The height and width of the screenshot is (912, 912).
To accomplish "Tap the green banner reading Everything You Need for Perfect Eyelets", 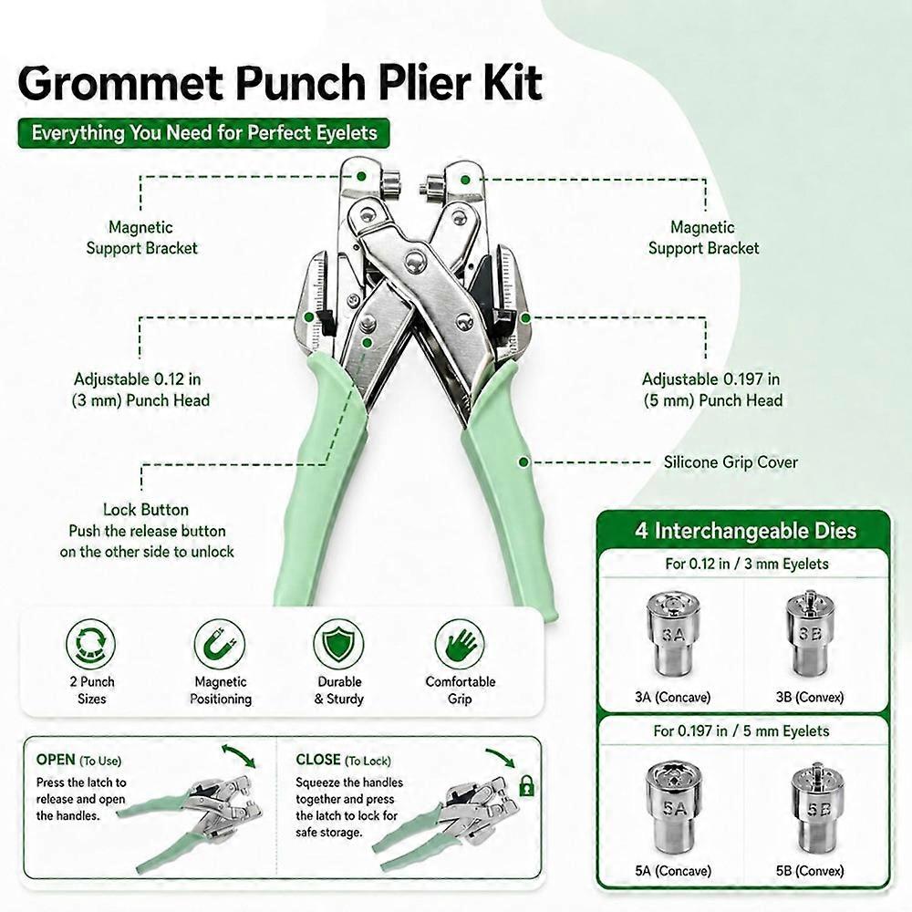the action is [203, 133].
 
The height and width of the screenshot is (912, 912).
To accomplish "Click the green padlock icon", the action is [526, 786].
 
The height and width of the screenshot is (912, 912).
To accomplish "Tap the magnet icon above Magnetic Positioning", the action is [220, 644].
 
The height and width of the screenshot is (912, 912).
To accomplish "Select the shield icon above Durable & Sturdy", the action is [339, 644].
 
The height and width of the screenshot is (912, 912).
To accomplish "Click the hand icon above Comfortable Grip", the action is [460, 644].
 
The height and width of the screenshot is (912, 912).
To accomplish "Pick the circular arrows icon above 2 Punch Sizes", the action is [90, 644].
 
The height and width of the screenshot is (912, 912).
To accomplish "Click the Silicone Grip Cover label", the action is [731, 462].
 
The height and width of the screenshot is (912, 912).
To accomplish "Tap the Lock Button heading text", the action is [146, 510].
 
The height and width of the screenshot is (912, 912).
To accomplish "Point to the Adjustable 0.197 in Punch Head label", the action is [712, 389].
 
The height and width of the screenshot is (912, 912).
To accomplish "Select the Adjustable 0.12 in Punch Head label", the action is [140, 389].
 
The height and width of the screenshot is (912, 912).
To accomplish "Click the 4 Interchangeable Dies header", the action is [746, 531].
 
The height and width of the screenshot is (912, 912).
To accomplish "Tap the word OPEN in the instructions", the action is [56, 760].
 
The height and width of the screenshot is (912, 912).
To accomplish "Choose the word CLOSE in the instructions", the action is [318, 760].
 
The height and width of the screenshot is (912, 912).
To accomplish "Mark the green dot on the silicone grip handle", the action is [523, 462].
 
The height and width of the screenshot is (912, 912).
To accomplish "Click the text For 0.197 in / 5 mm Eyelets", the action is [741, 731].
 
